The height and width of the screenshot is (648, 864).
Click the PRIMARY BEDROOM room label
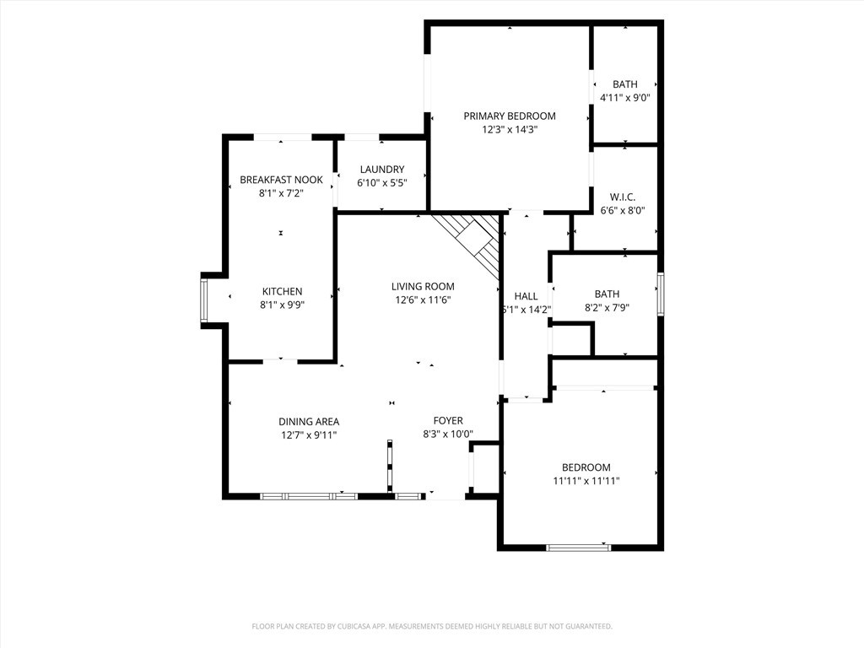[x=509, y=116]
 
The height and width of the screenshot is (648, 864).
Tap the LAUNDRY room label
[x=382, y=170]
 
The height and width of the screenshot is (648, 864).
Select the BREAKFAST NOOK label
[x=281, y=180]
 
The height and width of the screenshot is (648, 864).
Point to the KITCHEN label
[x=282, y=291]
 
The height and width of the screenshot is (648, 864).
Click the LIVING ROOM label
[x=423, y=287]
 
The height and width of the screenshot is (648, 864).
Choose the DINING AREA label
[x=309, y=422]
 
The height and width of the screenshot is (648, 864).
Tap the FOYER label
[x=448, y=421]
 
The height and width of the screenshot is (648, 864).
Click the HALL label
[x=526, y=296]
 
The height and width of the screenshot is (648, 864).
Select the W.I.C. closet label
[x=622, y=197]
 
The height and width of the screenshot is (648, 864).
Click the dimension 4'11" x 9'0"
[x=625, y=98]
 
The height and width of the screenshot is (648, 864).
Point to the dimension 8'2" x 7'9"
[x=607, y=308]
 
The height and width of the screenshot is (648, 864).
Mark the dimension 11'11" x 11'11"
[x=586, y=481]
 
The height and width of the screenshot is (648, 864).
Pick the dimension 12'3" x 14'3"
[x=509, y=130]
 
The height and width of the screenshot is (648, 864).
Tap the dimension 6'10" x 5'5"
[x=382, y=183]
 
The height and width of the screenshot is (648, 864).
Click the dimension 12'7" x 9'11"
[x=309, y=435]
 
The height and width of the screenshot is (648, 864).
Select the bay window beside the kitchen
[x=204, y=300]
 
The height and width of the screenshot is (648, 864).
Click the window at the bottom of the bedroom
[x=579, y=548]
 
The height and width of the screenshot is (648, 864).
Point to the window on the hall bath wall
[x=660, y=294]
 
